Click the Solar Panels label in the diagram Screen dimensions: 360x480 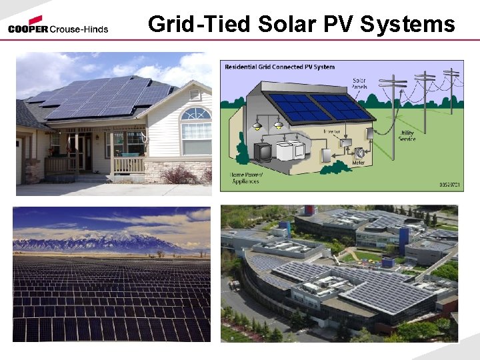point(359,85)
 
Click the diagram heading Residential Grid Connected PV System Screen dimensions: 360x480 point(280,67)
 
